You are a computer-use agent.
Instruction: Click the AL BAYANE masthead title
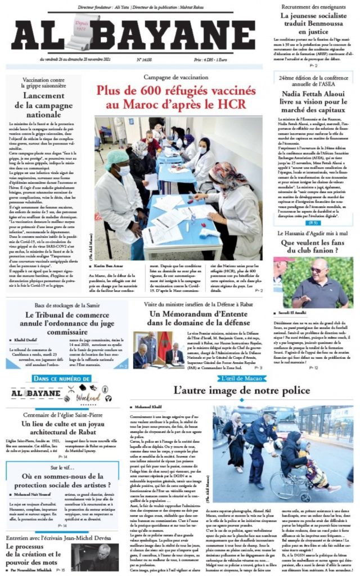[x=134, y=37]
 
